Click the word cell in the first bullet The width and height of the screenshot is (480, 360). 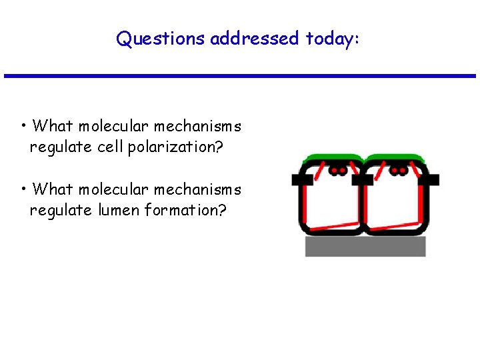tap(110, 147)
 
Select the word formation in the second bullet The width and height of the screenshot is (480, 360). tap(186, 210)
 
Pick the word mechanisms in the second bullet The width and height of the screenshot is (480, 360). tap(197, 189)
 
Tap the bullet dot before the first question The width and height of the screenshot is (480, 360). tap(23, 125)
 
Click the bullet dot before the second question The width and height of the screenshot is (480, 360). tap(23, 188)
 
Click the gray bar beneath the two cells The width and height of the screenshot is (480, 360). tap(365, 246)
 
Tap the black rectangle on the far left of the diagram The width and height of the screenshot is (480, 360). tap(300, 179)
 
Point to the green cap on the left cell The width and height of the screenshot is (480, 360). tap(332, 159)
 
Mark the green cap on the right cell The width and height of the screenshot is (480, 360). tap(396, 159)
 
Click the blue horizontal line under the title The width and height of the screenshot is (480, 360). tap(240, 75)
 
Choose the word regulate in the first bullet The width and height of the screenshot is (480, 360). tap(61, 147)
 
